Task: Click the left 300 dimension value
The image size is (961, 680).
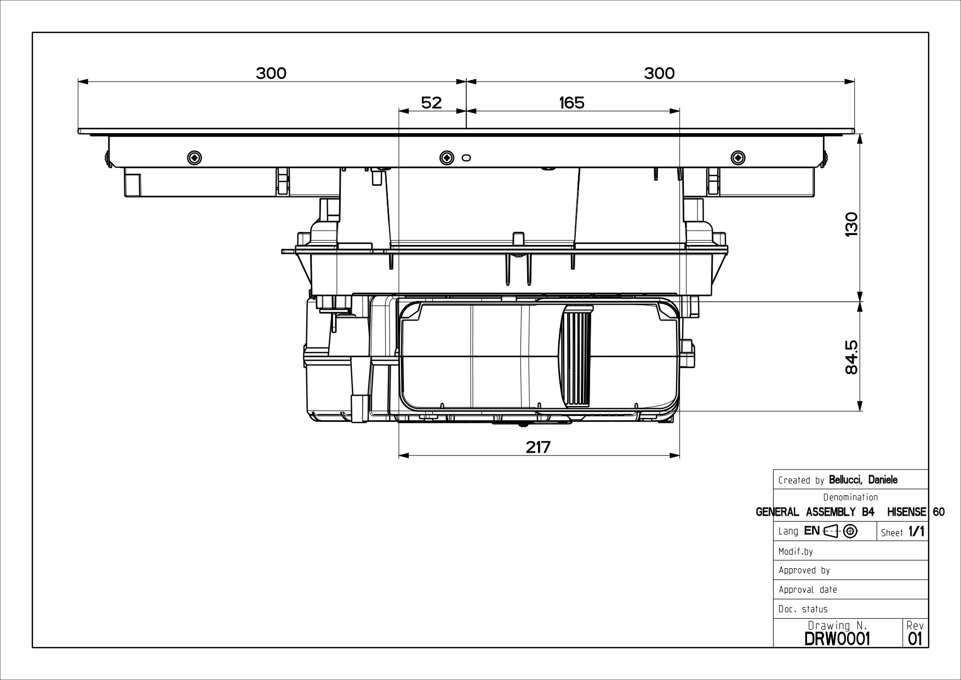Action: click(271, 73)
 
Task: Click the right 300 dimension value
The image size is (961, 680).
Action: click(659, 73)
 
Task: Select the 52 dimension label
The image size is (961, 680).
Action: click(431, 102)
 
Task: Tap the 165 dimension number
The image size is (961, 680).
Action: click(571, 102)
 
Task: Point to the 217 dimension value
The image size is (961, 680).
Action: click(538, 447)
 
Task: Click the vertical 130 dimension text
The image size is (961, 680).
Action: click(851, 224)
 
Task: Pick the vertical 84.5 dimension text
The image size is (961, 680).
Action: click(851, 357)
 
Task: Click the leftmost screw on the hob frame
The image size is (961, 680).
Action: click(194, 158)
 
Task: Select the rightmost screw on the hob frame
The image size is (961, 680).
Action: click(738, 158)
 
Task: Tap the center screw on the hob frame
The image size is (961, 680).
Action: click(447, 158)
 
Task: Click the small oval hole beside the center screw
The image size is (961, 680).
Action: click(466, 158)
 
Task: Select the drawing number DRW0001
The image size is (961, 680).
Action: click(837, 638)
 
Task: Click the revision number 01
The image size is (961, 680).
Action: click(915, 638)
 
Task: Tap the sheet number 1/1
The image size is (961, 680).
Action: click(916, 532)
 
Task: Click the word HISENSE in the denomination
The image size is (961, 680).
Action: click(906, 512)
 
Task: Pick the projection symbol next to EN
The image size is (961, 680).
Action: click(840, 531)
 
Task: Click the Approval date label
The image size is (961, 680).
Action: click(808, 590)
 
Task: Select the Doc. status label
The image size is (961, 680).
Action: click(803, 609)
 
